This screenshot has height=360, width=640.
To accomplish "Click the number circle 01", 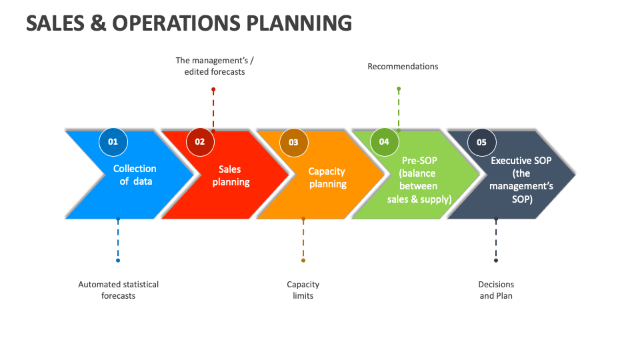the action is click(x=113, y=141).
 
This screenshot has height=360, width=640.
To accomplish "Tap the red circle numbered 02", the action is click(x=200, y=141).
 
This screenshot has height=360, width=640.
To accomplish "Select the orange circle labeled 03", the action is click(x=293, y=143).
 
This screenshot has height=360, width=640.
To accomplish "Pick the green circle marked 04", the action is click(x=384, y=141).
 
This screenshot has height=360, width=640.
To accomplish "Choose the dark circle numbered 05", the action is click(x=481, y=143).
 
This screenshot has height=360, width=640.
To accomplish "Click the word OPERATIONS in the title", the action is click(x=176, y=23).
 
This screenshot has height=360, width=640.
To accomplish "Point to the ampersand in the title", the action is click(x=98, y=23).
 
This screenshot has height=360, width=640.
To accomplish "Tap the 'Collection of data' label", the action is click(x=135, y=175).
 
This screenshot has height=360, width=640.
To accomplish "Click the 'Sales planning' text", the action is click(x=231, y=175).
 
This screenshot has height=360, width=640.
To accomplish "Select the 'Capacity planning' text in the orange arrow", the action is click(x=327, y=177).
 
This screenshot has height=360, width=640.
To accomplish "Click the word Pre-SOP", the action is click(x=419, y=161).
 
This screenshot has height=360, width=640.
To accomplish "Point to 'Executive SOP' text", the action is click(x=521, y=161).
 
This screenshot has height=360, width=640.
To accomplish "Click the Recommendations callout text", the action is click(x=403, y=67).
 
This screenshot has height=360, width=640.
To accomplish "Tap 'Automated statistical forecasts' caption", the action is click(x=119, y=290).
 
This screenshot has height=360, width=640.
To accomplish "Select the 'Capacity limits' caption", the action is click(x=303, y=290).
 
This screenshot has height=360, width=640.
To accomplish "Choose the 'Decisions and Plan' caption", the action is click(x=496, y=290).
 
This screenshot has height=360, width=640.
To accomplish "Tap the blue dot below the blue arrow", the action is click(x=118, y=261).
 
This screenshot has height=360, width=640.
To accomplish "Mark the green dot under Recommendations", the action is click(x=399, y=89).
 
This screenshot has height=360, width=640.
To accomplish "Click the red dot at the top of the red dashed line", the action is click(x=213, y=89).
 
